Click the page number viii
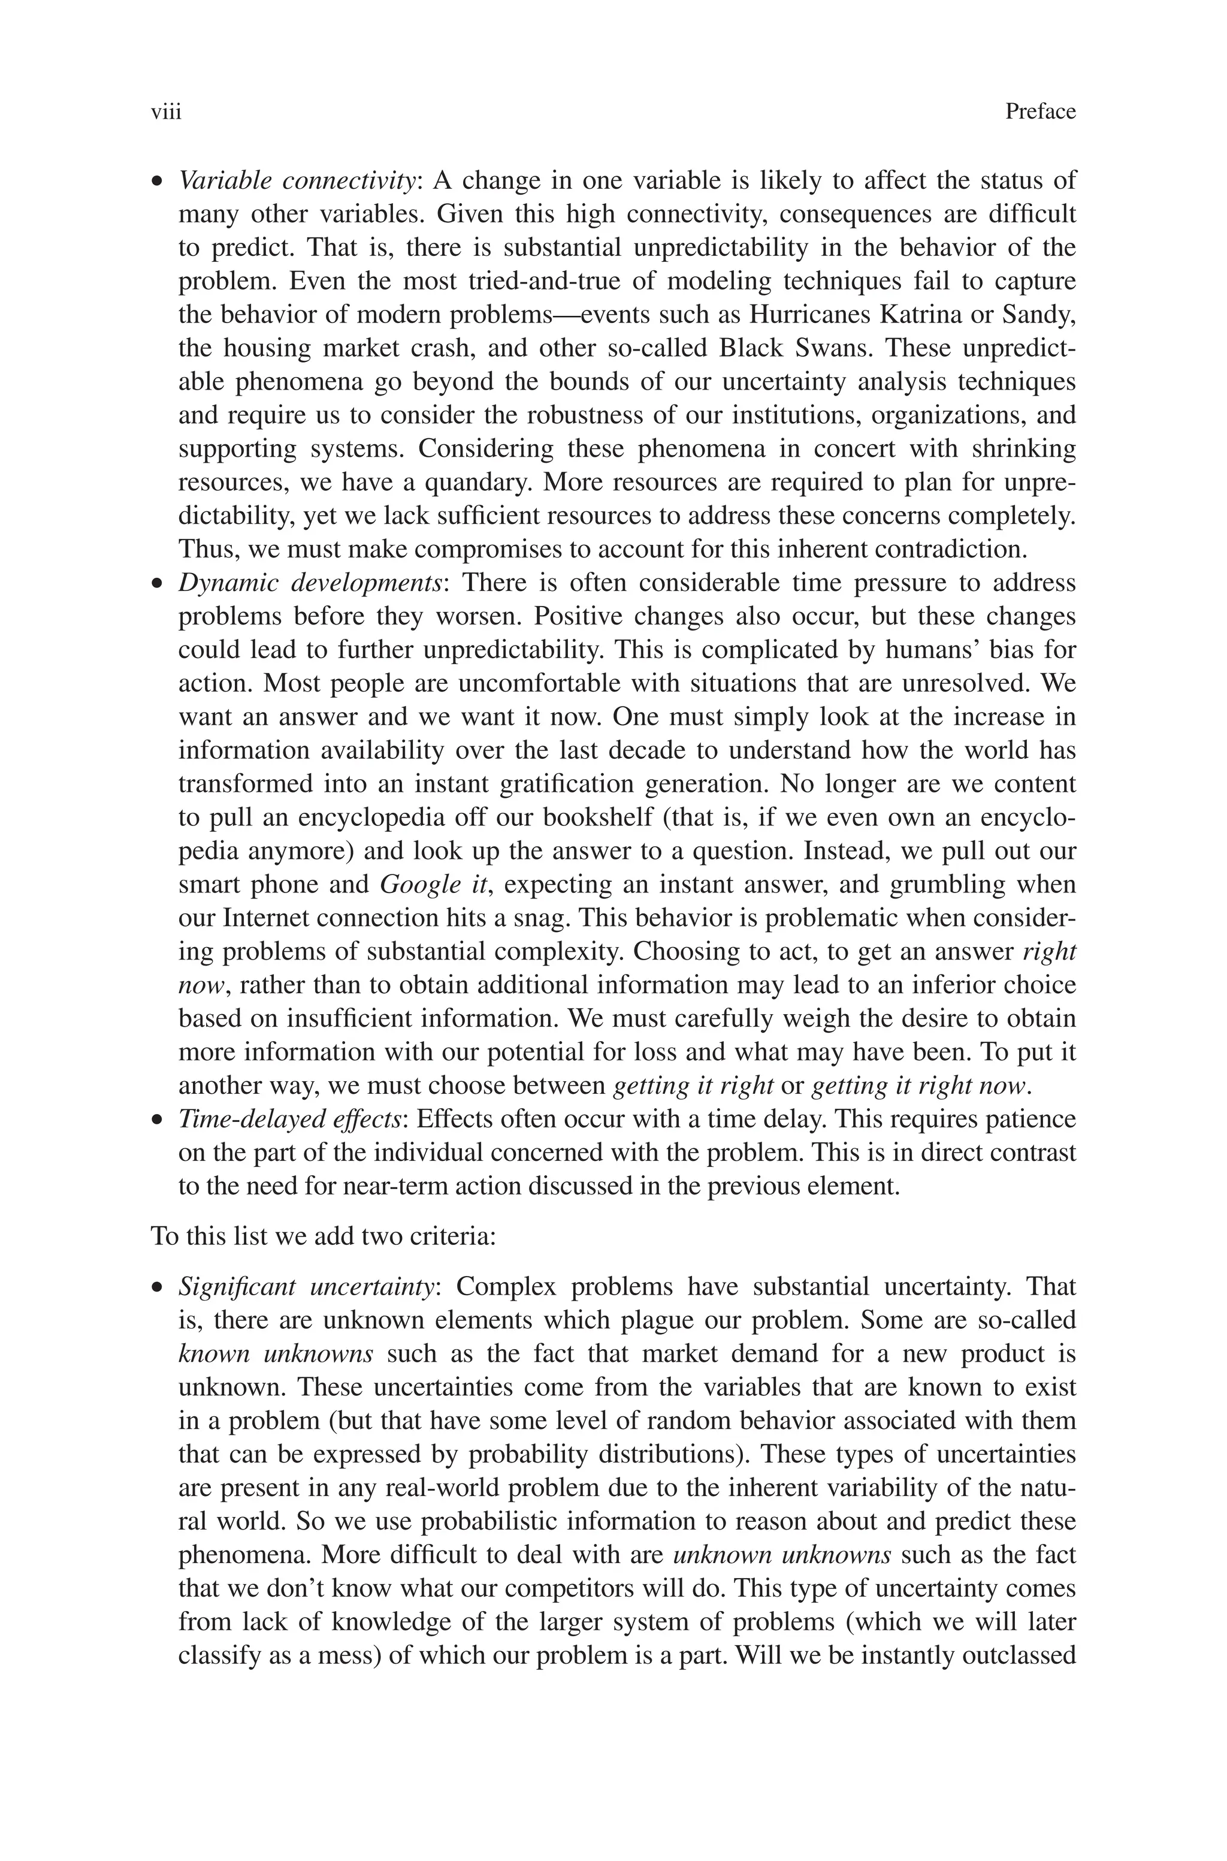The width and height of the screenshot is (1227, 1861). (x=166, y=112)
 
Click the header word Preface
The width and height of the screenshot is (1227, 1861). (x=1040, y=112)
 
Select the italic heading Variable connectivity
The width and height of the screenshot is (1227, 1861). (x=297, y=181)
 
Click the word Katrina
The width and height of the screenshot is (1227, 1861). (x=921, y=315)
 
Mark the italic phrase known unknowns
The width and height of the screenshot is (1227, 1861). (x=276, y=1354)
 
